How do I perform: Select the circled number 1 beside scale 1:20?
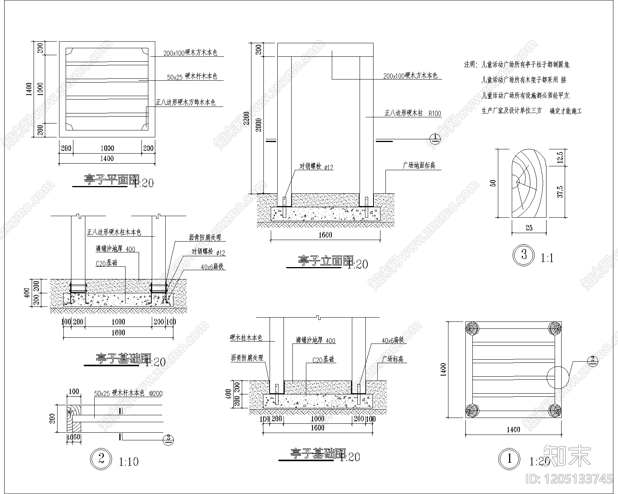coord(510,459)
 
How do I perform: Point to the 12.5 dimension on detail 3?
coord(560,157)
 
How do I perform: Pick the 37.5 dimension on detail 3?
coord(560,191)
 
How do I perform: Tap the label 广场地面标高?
coord(419,165)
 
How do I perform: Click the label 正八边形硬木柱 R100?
coord(413,113)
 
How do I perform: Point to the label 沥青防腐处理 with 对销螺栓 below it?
coord(205,238)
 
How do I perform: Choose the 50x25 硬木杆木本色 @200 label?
coord(128,393)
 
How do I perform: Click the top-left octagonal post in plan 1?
coord(472,329)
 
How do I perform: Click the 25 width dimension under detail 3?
coord(529,228)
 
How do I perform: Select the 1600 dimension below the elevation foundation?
coord(325,235)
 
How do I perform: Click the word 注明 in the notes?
coord(470,65)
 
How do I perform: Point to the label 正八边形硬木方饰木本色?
coord(185,102)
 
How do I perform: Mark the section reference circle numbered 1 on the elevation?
coord(435,138)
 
